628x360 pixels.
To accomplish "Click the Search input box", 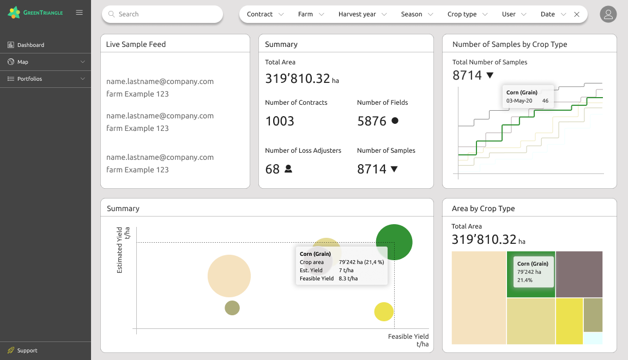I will [162, 14].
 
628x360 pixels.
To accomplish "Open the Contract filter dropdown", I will [265, 14].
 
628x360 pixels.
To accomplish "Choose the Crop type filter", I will [467, 14].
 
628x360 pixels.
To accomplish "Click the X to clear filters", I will [577, 14].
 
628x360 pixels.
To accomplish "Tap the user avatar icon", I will [608, 14].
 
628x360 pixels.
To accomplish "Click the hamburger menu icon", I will [80, 12].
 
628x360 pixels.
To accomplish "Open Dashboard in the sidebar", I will [31, 45].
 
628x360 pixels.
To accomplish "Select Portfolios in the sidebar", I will [29, 79].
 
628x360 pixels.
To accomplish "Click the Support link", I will [27, 350].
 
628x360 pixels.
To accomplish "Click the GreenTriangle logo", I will [35, 12].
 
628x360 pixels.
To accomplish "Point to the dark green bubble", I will [394, 242].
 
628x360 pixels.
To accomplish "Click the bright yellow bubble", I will [384, 311].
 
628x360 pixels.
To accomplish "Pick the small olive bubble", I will [232, 308].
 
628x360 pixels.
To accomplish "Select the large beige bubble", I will [229, 276].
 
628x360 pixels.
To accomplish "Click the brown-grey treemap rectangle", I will [579, 274].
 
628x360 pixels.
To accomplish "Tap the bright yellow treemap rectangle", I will [569, 321].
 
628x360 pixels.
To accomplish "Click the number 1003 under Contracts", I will [280, 121].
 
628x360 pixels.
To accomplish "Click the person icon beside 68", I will [288, 169].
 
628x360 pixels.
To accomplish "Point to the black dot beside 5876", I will [395, 121].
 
